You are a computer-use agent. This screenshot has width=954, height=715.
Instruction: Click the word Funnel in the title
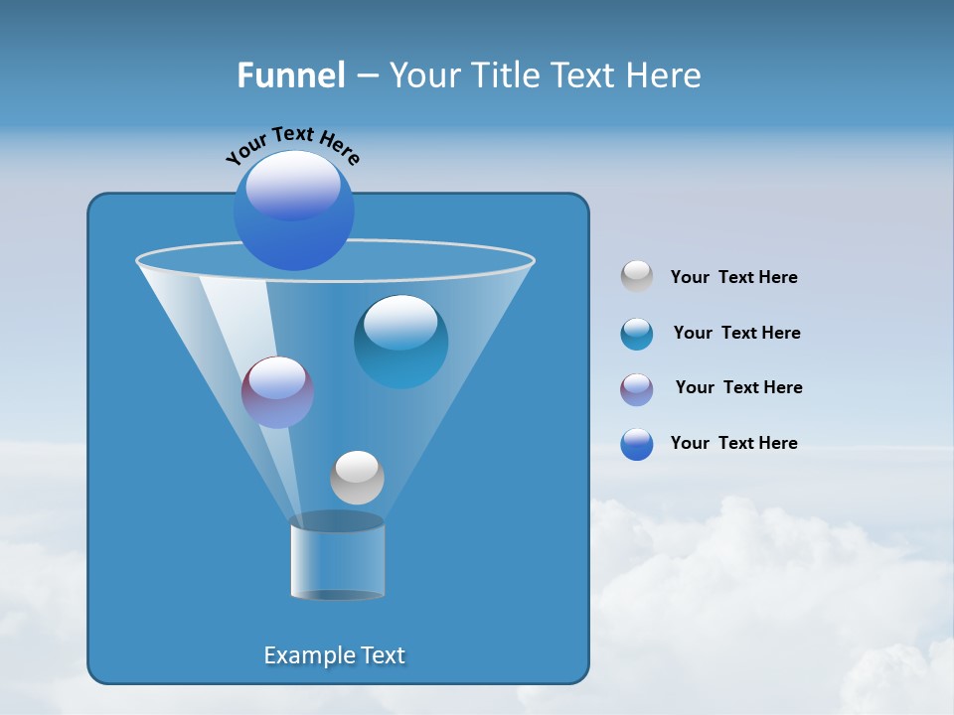291,75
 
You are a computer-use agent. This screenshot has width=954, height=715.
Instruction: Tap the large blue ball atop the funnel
294,211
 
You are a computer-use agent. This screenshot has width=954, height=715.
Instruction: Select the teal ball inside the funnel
400,342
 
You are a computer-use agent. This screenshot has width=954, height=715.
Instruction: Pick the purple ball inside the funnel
277,392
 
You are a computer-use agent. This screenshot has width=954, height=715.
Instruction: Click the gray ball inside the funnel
357,478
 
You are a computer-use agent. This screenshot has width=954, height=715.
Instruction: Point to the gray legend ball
637,276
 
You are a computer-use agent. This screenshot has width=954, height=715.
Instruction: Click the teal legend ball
637,334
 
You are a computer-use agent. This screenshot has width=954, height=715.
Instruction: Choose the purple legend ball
637,389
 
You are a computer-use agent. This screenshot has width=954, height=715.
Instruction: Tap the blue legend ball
637,444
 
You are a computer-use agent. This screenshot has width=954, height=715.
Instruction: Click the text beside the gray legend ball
733,277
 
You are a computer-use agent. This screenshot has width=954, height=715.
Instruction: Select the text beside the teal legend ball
736,333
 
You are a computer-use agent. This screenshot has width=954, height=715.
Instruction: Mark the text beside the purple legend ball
738,387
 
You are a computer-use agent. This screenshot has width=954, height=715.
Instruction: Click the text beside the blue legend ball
733,443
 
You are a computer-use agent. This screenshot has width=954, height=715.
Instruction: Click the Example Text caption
335,655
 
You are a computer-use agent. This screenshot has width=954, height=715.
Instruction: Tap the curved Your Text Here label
292,144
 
